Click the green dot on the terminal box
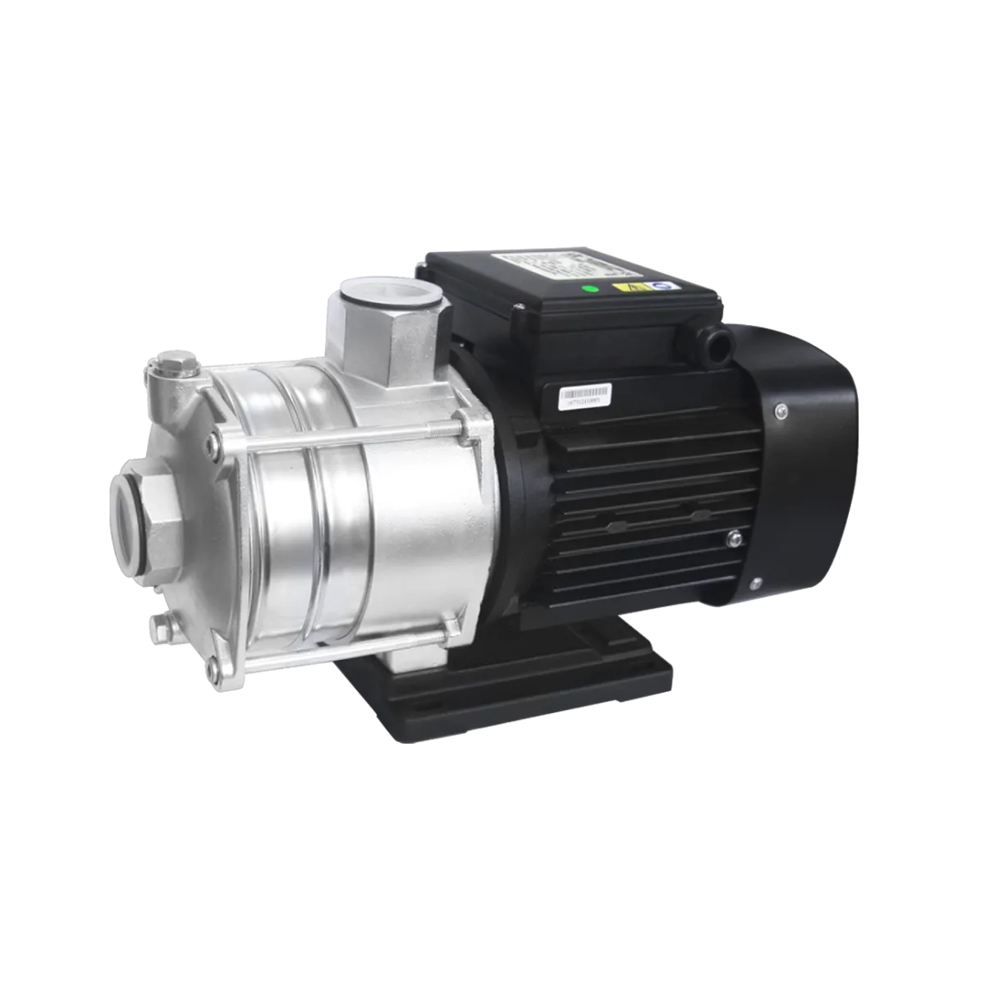586,288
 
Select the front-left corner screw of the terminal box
518,313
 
